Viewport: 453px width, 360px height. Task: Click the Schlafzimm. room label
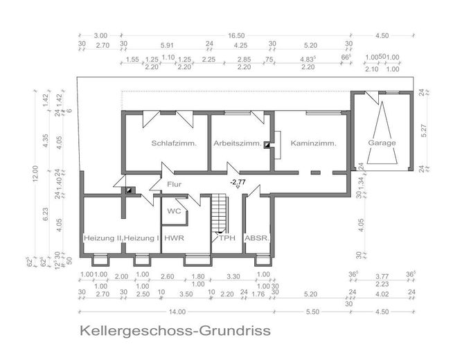pyautogui.click(x=173, y=144)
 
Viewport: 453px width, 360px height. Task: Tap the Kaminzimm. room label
pyautogui.click(x=313, y=144)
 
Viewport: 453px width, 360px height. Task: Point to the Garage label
pyautogui.click(x=382, y=143)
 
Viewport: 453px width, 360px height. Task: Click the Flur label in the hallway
pyautogui.click(x=174, y=184)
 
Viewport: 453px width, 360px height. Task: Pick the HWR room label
pyautogui.click(x=173, y=238)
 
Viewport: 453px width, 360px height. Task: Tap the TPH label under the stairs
pyautogui.click(x=227, y=238)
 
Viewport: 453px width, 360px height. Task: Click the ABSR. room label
pyautogui.click(x=257, y=238)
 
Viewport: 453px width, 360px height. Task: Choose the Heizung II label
pyautogui.click(x=102, y=238)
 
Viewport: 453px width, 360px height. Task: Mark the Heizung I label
pyautogui.click(x=142, y=238)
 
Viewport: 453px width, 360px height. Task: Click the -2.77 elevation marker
pyautogui.click(x=238, y=182)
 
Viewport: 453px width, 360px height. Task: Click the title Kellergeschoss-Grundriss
pyautogui.click(x=174, y=331)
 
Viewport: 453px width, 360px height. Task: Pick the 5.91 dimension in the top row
pyautogui.click(x=166, y=44)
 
